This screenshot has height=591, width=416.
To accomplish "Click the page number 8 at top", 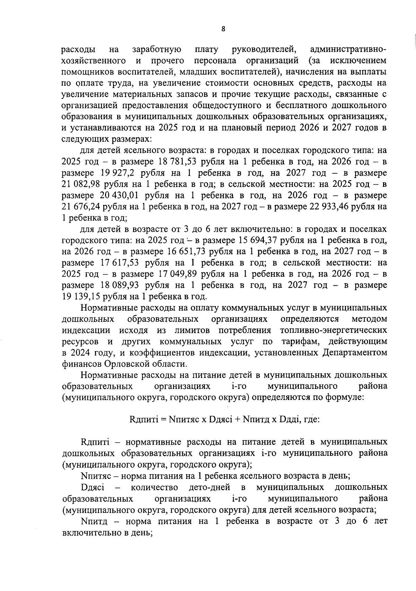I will (x=223, y=29).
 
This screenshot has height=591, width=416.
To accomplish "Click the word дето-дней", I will (x=209, y=488).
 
